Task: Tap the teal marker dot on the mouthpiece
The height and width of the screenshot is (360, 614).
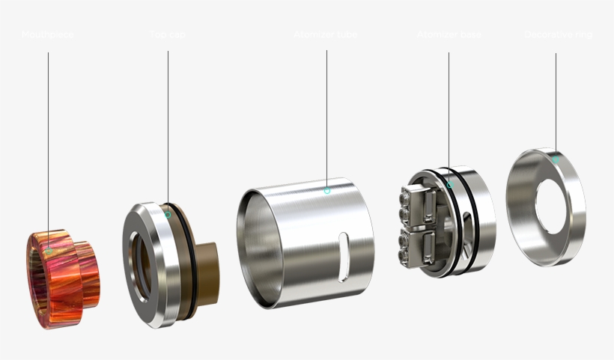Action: (49, 251)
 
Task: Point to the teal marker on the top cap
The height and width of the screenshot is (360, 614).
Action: (168, 215)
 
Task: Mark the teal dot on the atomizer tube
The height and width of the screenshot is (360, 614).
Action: (326, 191)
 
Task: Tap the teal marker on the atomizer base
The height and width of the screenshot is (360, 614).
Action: (449, 185)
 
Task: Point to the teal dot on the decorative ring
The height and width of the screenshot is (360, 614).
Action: (556, 159)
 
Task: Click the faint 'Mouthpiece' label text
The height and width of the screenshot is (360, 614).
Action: (48, 35)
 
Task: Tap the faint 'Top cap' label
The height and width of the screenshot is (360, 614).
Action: (168, 35)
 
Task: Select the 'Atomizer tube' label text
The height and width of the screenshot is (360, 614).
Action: (326, 35)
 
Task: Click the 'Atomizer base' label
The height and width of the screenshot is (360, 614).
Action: (449, 35)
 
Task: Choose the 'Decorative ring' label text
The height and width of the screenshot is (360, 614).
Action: (557, 35)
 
